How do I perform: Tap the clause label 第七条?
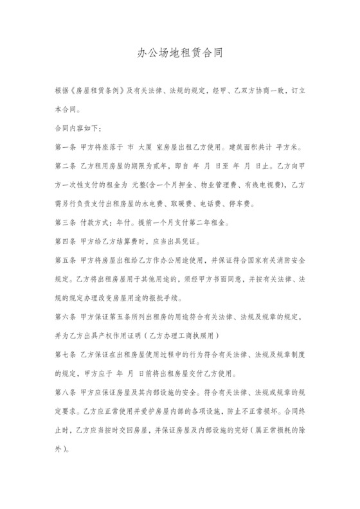tap(66, 353)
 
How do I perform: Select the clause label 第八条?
tap(66, 391)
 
